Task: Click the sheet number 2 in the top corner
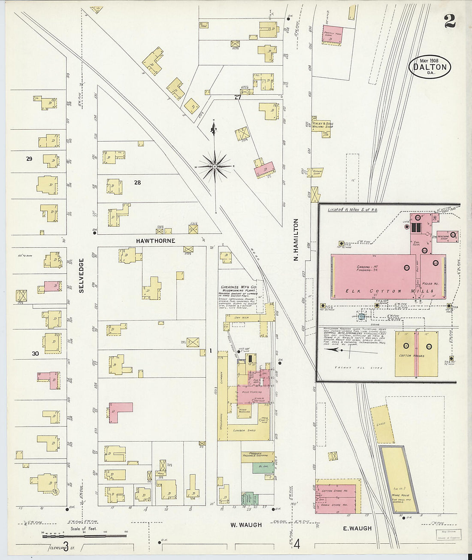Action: coord(450,20)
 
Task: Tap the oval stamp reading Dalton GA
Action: coord(430,67)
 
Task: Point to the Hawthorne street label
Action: coord(155,241)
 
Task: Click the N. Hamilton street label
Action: coord(296,240)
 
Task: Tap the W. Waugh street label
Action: coord(246,525)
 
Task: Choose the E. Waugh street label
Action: coord(357,528)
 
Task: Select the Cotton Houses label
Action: coord(411,356)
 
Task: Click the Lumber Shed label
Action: coord(244,430)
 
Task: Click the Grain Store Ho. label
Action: coord(334,505)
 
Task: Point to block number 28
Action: coord(137,182)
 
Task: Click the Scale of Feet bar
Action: coord(85,535)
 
